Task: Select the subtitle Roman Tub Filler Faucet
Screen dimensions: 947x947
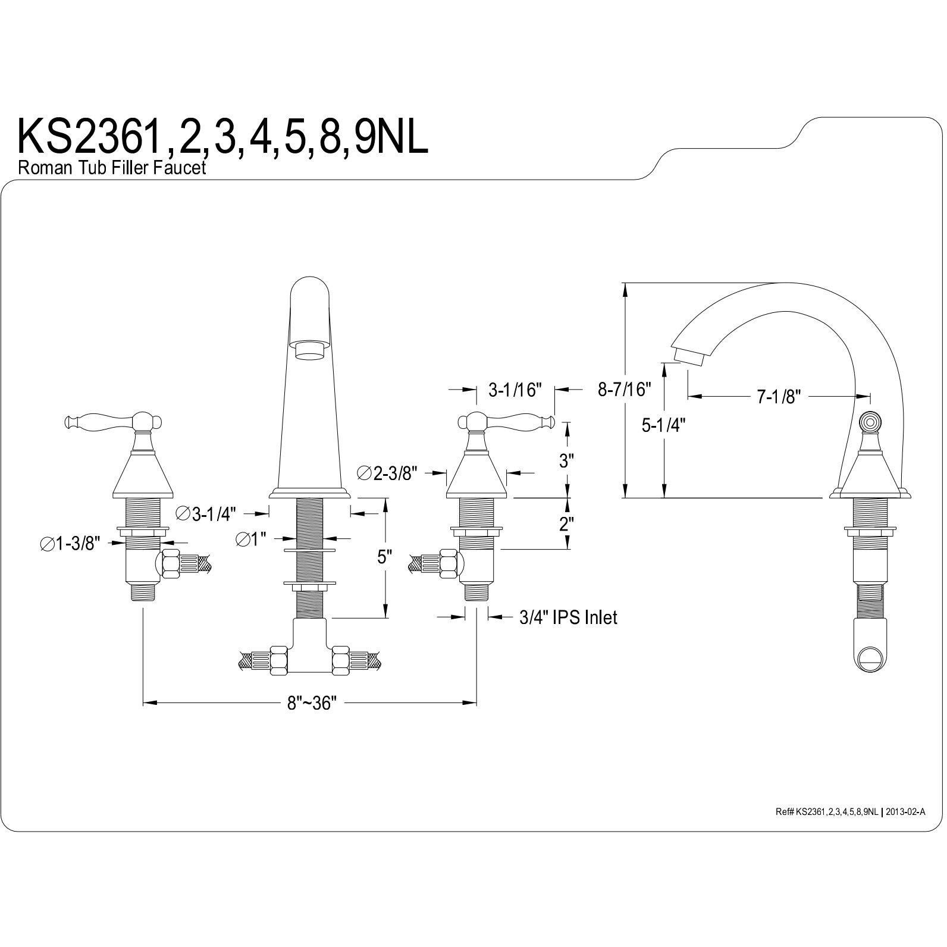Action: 112,168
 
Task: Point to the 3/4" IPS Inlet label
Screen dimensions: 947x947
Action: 568,617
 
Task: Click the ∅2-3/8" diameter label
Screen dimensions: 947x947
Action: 387,473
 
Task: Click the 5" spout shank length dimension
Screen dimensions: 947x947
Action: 384,557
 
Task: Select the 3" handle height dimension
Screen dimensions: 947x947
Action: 566,460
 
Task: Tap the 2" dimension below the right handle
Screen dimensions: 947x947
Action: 566,524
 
